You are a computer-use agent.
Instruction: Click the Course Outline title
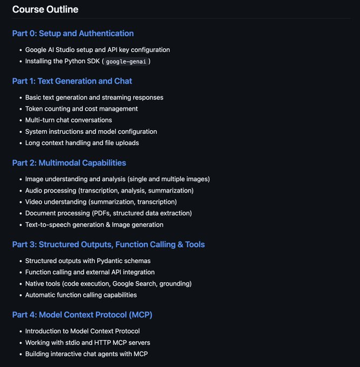[45, 9]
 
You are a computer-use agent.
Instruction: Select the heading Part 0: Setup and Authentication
[73, 33]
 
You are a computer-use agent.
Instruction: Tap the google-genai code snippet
[127, 62]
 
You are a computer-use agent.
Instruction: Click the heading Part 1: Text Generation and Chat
[72, 81]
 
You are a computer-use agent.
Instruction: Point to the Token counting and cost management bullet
[81, 108]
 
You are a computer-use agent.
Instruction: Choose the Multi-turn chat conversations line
[69, 120]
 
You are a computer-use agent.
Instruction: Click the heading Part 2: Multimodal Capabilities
[69, 162]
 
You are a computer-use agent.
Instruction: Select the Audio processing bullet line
[109, 191]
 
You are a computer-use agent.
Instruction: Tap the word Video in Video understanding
[35, 202]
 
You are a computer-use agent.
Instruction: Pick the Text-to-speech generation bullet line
[94, 225]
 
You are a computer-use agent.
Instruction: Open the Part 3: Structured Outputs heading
[108, 244]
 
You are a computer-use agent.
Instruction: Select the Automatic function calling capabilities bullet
[81, 295]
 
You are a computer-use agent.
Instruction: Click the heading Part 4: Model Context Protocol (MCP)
[86, 314]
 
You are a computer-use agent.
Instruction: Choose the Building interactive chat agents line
[86, 354]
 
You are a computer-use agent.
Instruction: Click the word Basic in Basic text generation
[34, 98]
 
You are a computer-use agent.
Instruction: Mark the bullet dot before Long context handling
[19, 143]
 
